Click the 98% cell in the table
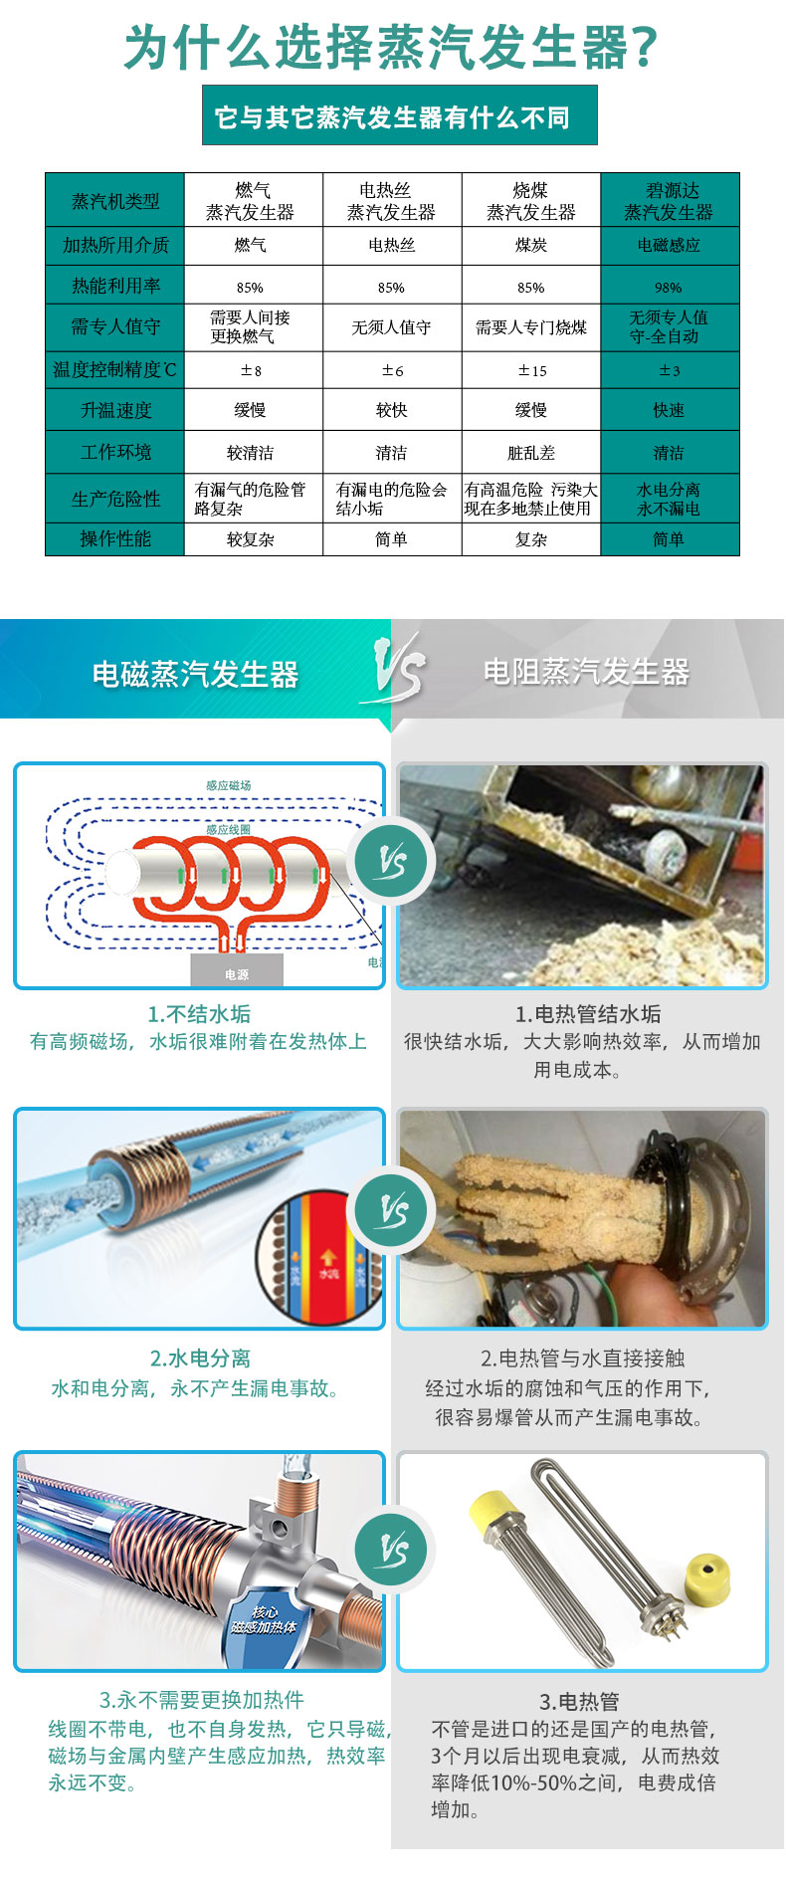click(x=669, y=287)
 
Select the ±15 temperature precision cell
click(x=531, y=370)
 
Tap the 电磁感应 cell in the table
click(x=669, y=245)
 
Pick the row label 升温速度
click(x=115, y=410)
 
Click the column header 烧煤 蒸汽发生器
click(x=531, y=201)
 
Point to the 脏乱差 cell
click(x=531, y=453)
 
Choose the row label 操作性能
click(x=115, y=538)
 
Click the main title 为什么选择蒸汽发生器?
click(x=392, y=46)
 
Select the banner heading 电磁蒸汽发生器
click(x=195, y=674)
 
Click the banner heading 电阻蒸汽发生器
click(x=586, y=672)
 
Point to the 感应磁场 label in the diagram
click(x=229, y=785)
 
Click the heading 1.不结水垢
click(x=199, y=1014)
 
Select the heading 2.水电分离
click(x=200, y=1359)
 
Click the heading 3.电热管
click(x=579, y=1702)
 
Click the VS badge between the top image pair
click(x=394, y=862)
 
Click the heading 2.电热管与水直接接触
click(x=583, y=1359)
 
